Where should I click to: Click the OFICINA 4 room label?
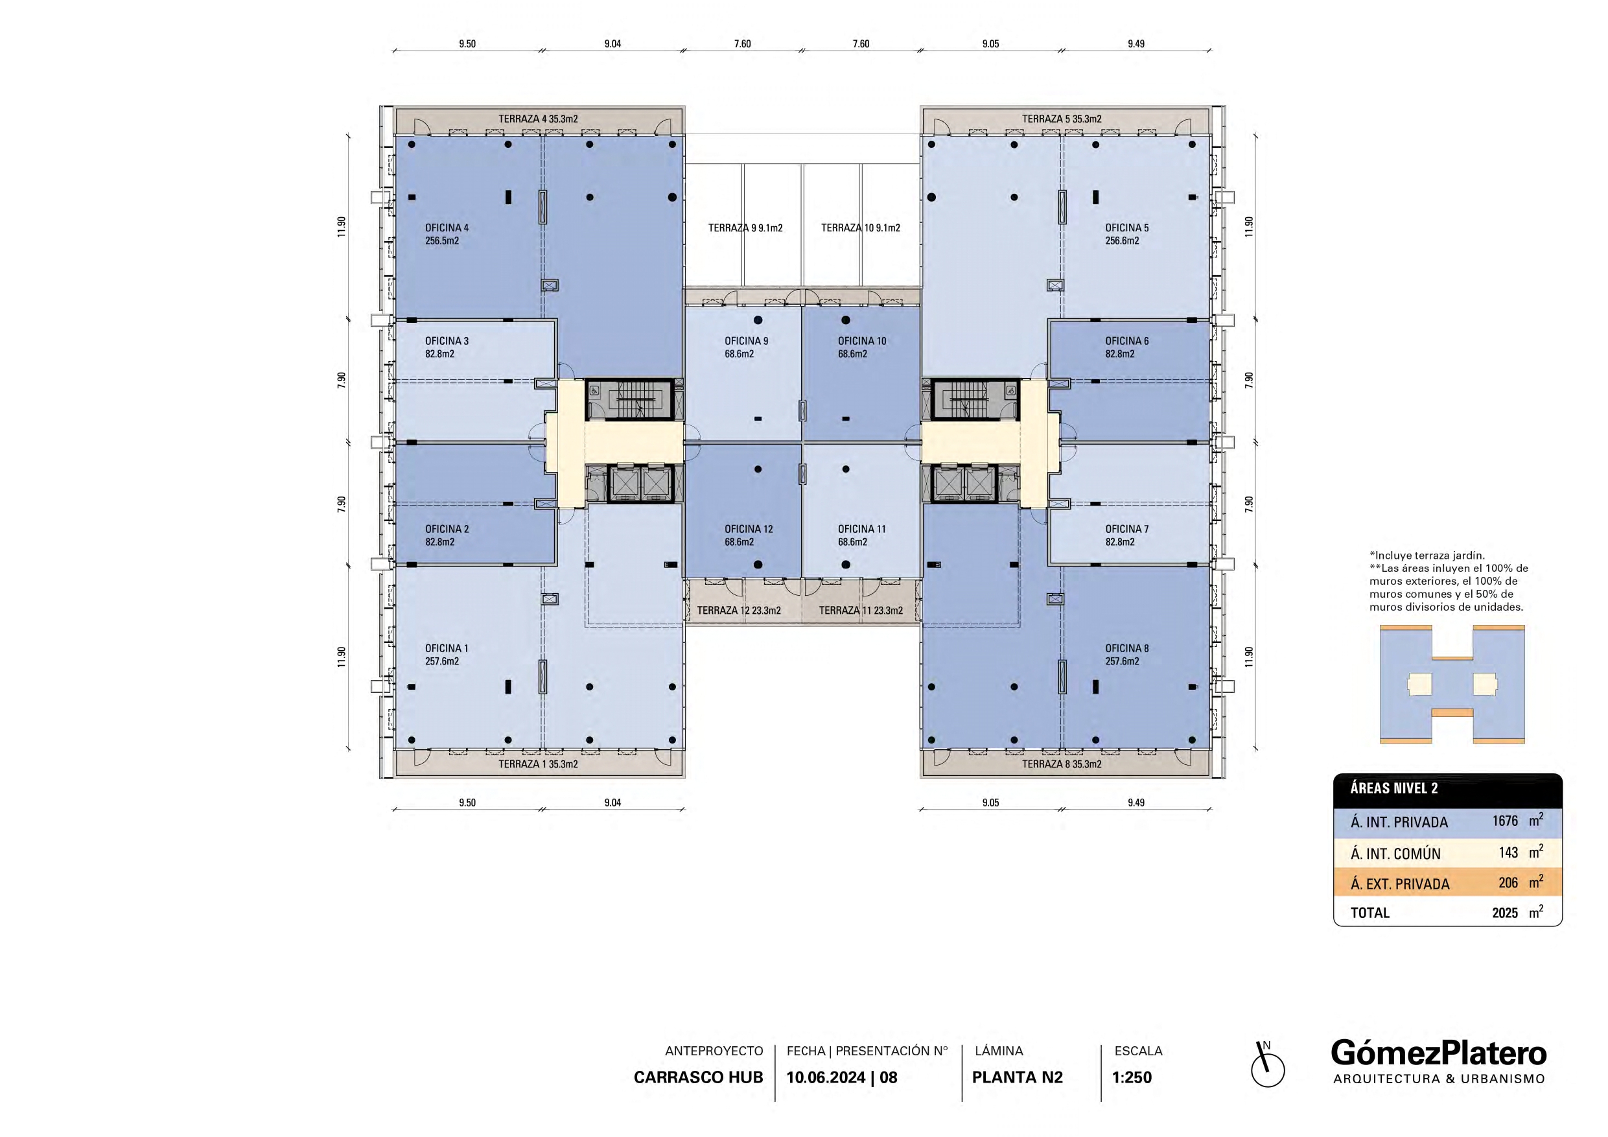(x=447, y=228)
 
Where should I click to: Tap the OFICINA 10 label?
(x=862, y=341)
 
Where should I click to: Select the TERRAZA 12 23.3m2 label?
(x=739, y=610)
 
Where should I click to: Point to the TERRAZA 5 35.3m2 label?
(x=1062, y=119)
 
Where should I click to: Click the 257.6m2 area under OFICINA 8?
(x=1122, y=661)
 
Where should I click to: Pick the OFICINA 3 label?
(x=447, y=341)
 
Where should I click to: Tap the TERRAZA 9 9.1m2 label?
(x=745, y=228)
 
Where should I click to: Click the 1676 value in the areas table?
(x=1505, y=821)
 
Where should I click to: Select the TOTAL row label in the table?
(x=1370, y=913)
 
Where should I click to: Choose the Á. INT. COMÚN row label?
(x=1396, y=854)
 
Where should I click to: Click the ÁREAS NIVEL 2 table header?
(x=1394, y=788)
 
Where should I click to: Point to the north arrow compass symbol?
(x=1267, y=1067)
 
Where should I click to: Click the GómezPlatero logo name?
(x=1439, y=1053)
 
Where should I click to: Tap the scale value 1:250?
(x=1132, y=1077)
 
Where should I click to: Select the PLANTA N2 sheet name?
(x=1018, y=1077)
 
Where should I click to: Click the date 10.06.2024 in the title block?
(x=826, y=1077)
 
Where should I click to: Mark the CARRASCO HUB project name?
(x=698, y=1077)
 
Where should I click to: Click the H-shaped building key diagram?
(x=1452, y=684)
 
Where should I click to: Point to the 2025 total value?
(x=1505, y=913)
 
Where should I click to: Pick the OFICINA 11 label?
(x=862, y=529)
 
